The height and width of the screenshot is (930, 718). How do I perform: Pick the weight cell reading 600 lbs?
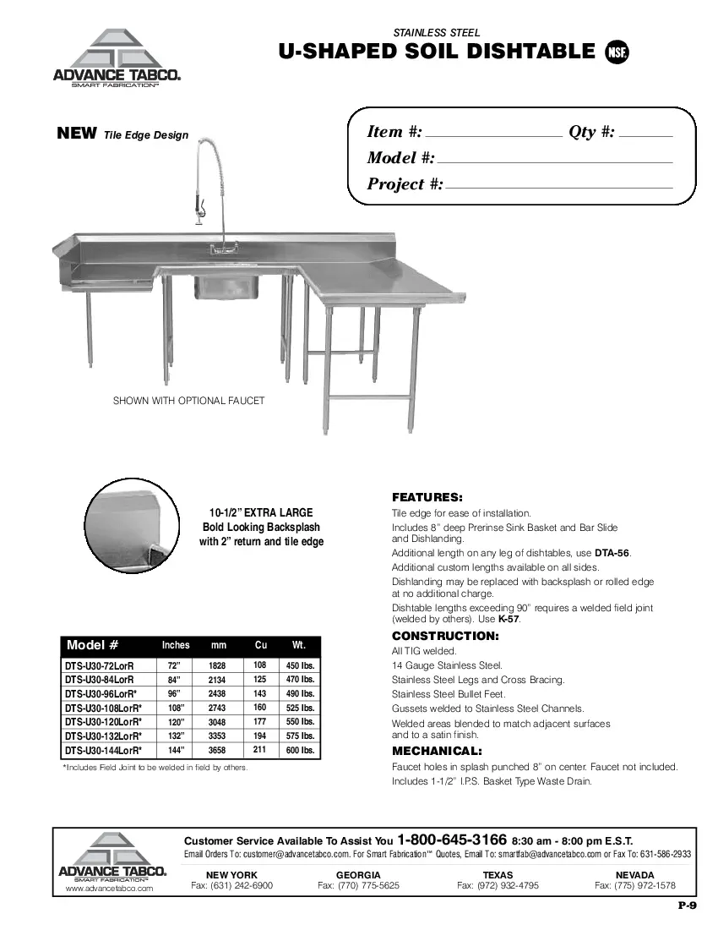click(x=300, y=750)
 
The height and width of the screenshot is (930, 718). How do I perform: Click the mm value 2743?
click(x=216, y=708)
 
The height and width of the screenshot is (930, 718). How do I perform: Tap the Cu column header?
click(x=260, y=645)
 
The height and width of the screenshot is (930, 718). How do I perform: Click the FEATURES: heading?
click(x=427, y=497)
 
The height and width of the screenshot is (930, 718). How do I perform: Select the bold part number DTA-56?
click(x=612, y=553)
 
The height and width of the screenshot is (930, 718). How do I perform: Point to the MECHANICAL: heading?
click(x=437, y=751)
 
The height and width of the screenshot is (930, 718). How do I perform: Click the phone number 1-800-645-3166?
click(x=451, y=840)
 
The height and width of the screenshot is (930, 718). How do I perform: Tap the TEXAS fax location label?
click(x=498, y=874)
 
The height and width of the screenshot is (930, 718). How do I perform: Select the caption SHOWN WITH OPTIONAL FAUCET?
click(x=188, y=401)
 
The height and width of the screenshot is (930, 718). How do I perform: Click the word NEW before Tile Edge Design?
click(x=76, y=134)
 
